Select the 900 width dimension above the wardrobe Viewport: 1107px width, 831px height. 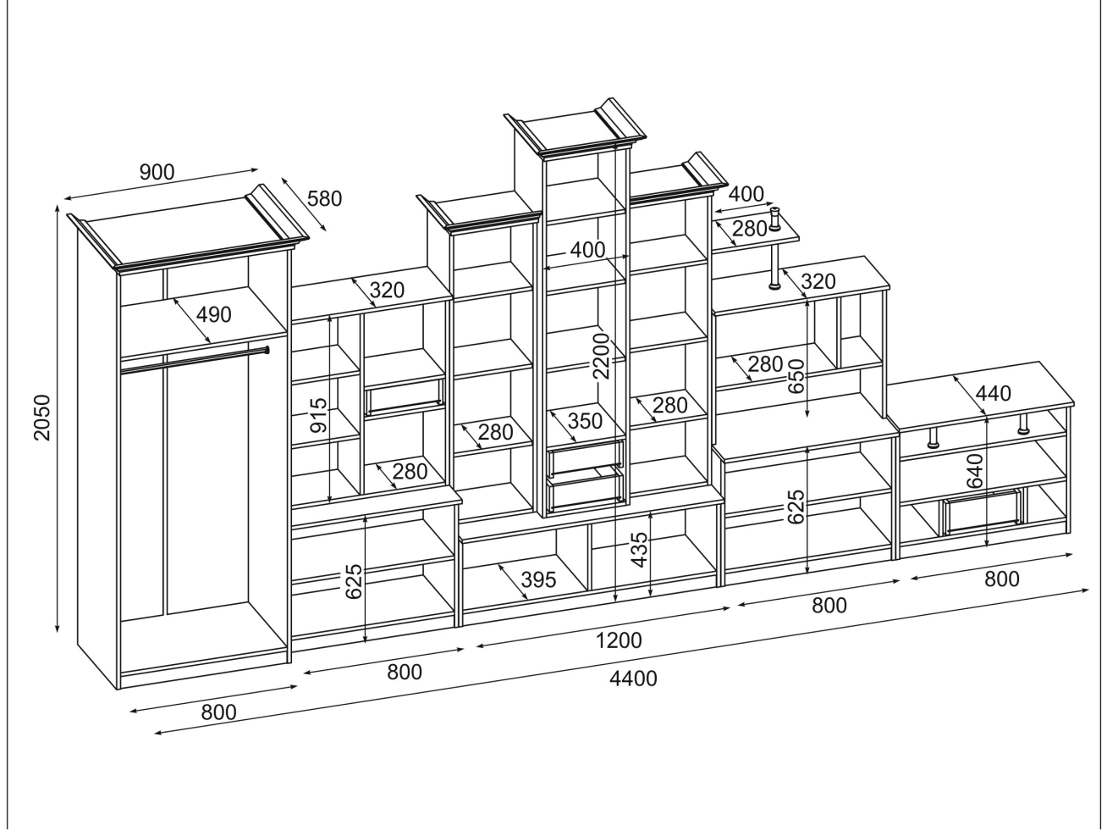click(x=157, y=172)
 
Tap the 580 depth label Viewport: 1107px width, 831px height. click(x=325, y=199)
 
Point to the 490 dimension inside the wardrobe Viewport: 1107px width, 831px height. click(x=213, y=315)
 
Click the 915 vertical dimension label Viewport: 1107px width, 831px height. click(x=318, y=416)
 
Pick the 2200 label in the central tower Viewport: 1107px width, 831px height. click(x=601, y=356)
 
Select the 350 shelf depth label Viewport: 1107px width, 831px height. click(x=585, y=421)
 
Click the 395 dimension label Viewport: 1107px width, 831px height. click(x=538, y=580)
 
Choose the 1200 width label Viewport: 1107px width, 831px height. click(x=619, y=640)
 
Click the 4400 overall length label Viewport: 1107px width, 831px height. click(x=633, y=679)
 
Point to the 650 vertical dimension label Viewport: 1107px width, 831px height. click(x=796, y=375)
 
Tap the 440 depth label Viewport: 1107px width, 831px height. click(x=994, y=393)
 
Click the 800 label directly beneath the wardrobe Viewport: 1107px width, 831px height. click(x=218, y=712)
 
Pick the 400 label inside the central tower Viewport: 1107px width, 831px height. click(x=587, y=250)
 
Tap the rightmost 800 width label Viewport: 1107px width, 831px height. click(x=1002, y=579)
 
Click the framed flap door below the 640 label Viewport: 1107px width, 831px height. click(x=982, y=511)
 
